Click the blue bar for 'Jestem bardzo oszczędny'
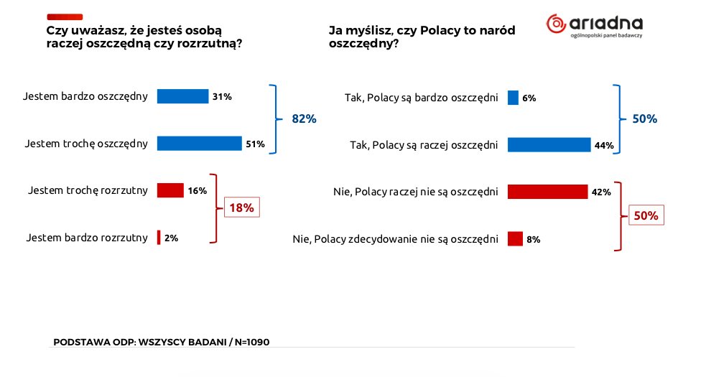[182, 96]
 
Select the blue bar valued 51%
[199, 144]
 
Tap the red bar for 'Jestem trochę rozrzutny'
[170, 190]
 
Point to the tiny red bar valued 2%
[159, 238]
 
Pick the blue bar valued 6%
[513, 98]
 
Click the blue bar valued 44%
[549, 145]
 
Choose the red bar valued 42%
[547, 192]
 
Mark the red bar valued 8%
[515, 239]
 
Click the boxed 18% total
[241, 208]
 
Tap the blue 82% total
[304, 119]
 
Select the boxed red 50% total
[645, 215]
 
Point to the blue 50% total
[644, 119]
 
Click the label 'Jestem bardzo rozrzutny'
[87, 238]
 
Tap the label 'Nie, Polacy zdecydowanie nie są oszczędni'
[395, 239]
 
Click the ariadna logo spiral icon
[557, 24]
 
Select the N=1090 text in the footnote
[251, 342]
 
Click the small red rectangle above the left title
[65, 17]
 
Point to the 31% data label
[222, 96]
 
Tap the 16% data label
[198, 190]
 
